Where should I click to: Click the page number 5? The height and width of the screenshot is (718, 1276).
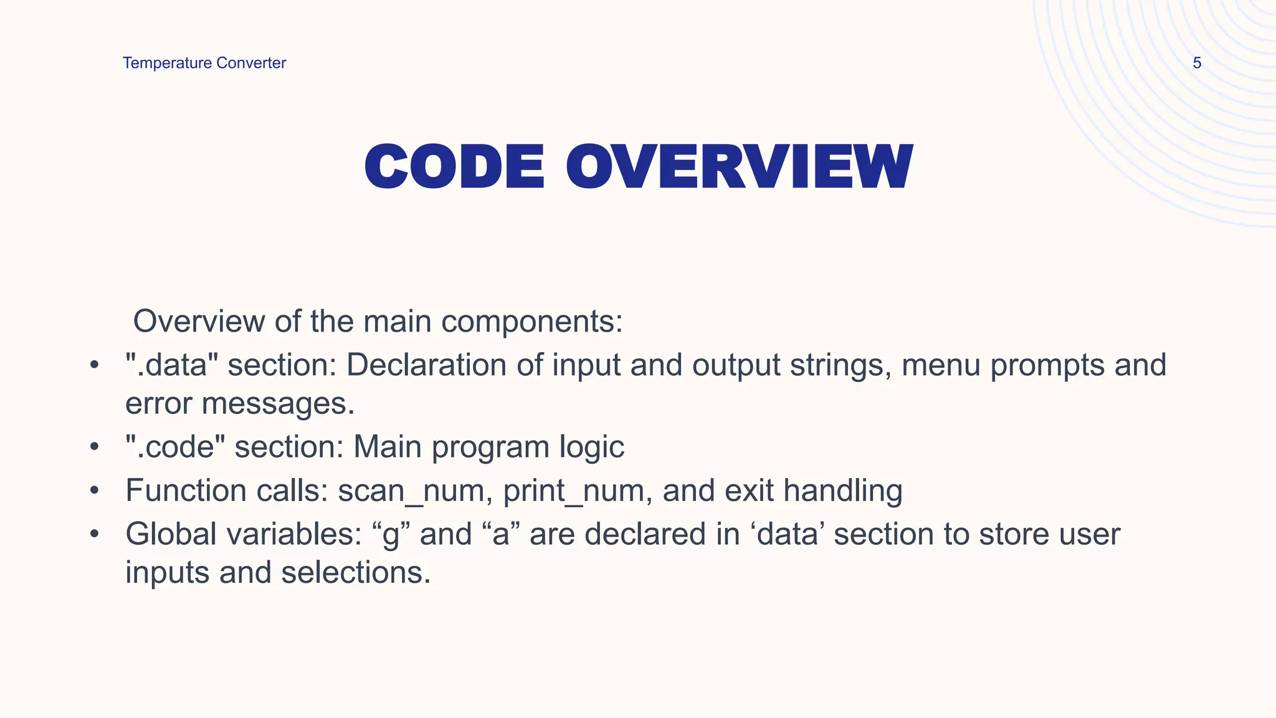pyautogui.click(x=1196, y=63)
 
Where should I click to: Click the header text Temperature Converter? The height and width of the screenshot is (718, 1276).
pyautogui.click(x=204, y=63)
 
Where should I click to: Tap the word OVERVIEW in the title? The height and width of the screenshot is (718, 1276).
pyautogui.click(x=739, y=167)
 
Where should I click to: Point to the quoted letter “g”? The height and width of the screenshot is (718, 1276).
pyautogui.click(x=391, y=535)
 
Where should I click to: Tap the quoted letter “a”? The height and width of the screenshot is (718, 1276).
pyautogui.click(x=502, y=535)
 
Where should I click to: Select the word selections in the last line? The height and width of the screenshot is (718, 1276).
pyautogui.click(x=356, y=572)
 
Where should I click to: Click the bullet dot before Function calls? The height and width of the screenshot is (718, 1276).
pyautogui.click(x=94, y=491)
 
